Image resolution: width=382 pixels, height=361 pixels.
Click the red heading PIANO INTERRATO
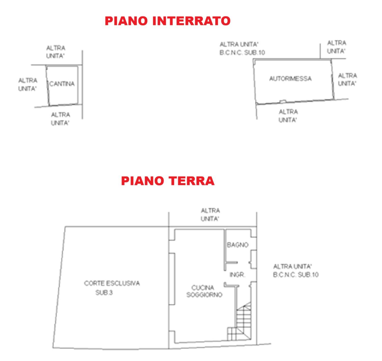coord(168,21)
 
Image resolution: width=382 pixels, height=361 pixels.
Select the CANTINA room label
coord(62,84)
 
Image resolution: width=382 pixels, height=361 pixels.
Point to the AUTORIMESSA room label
coord(290,78)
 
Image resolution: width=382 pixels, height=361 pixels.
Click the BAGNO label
coord(238,245)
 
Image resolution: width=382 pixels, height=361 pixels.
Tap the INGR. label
coord(237,275)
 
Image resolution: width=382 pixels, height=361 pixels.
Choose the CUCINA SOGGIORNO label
coord(204,291)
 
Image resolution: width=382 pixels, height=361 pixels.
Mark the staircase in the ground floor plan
coord(240,324)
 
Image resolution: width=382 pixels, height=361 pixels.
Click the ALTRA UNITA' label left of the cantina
coord(28,85)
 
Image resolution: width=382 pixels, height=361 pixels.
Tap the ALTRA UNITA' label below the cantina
coord(60,119)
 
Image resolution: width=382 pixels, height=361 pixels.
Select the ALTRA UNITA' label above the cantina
coord(56,52)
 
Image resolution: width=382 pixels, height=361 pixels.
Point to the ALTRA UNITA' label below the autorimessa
coord(288,116)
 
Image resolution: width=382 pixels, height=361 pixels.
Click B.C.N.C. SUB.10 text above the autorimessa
coord(242,52)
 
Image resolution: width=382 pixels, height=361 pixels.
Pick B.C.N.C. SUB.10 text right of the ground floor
coord(296,275)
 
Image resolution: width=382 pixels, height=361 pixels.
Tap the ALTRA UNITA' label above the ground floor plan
coord(210,215)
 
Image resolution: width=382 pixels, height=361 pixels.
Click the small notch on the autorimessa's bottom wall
coord(283,101)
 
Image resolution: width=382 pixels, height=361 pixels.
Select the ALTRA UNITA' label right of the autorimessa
coord(347,79)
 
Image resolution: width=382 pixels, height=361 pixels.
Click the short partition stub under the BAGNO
coord(232,262)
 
